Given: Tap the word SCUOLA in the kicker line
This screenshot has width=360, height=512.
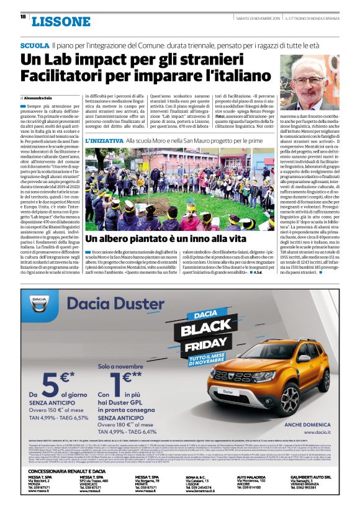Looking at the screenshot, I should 34,46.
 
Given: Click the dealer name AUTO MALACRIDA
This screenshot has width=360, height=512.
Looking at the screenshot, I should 253,477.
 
